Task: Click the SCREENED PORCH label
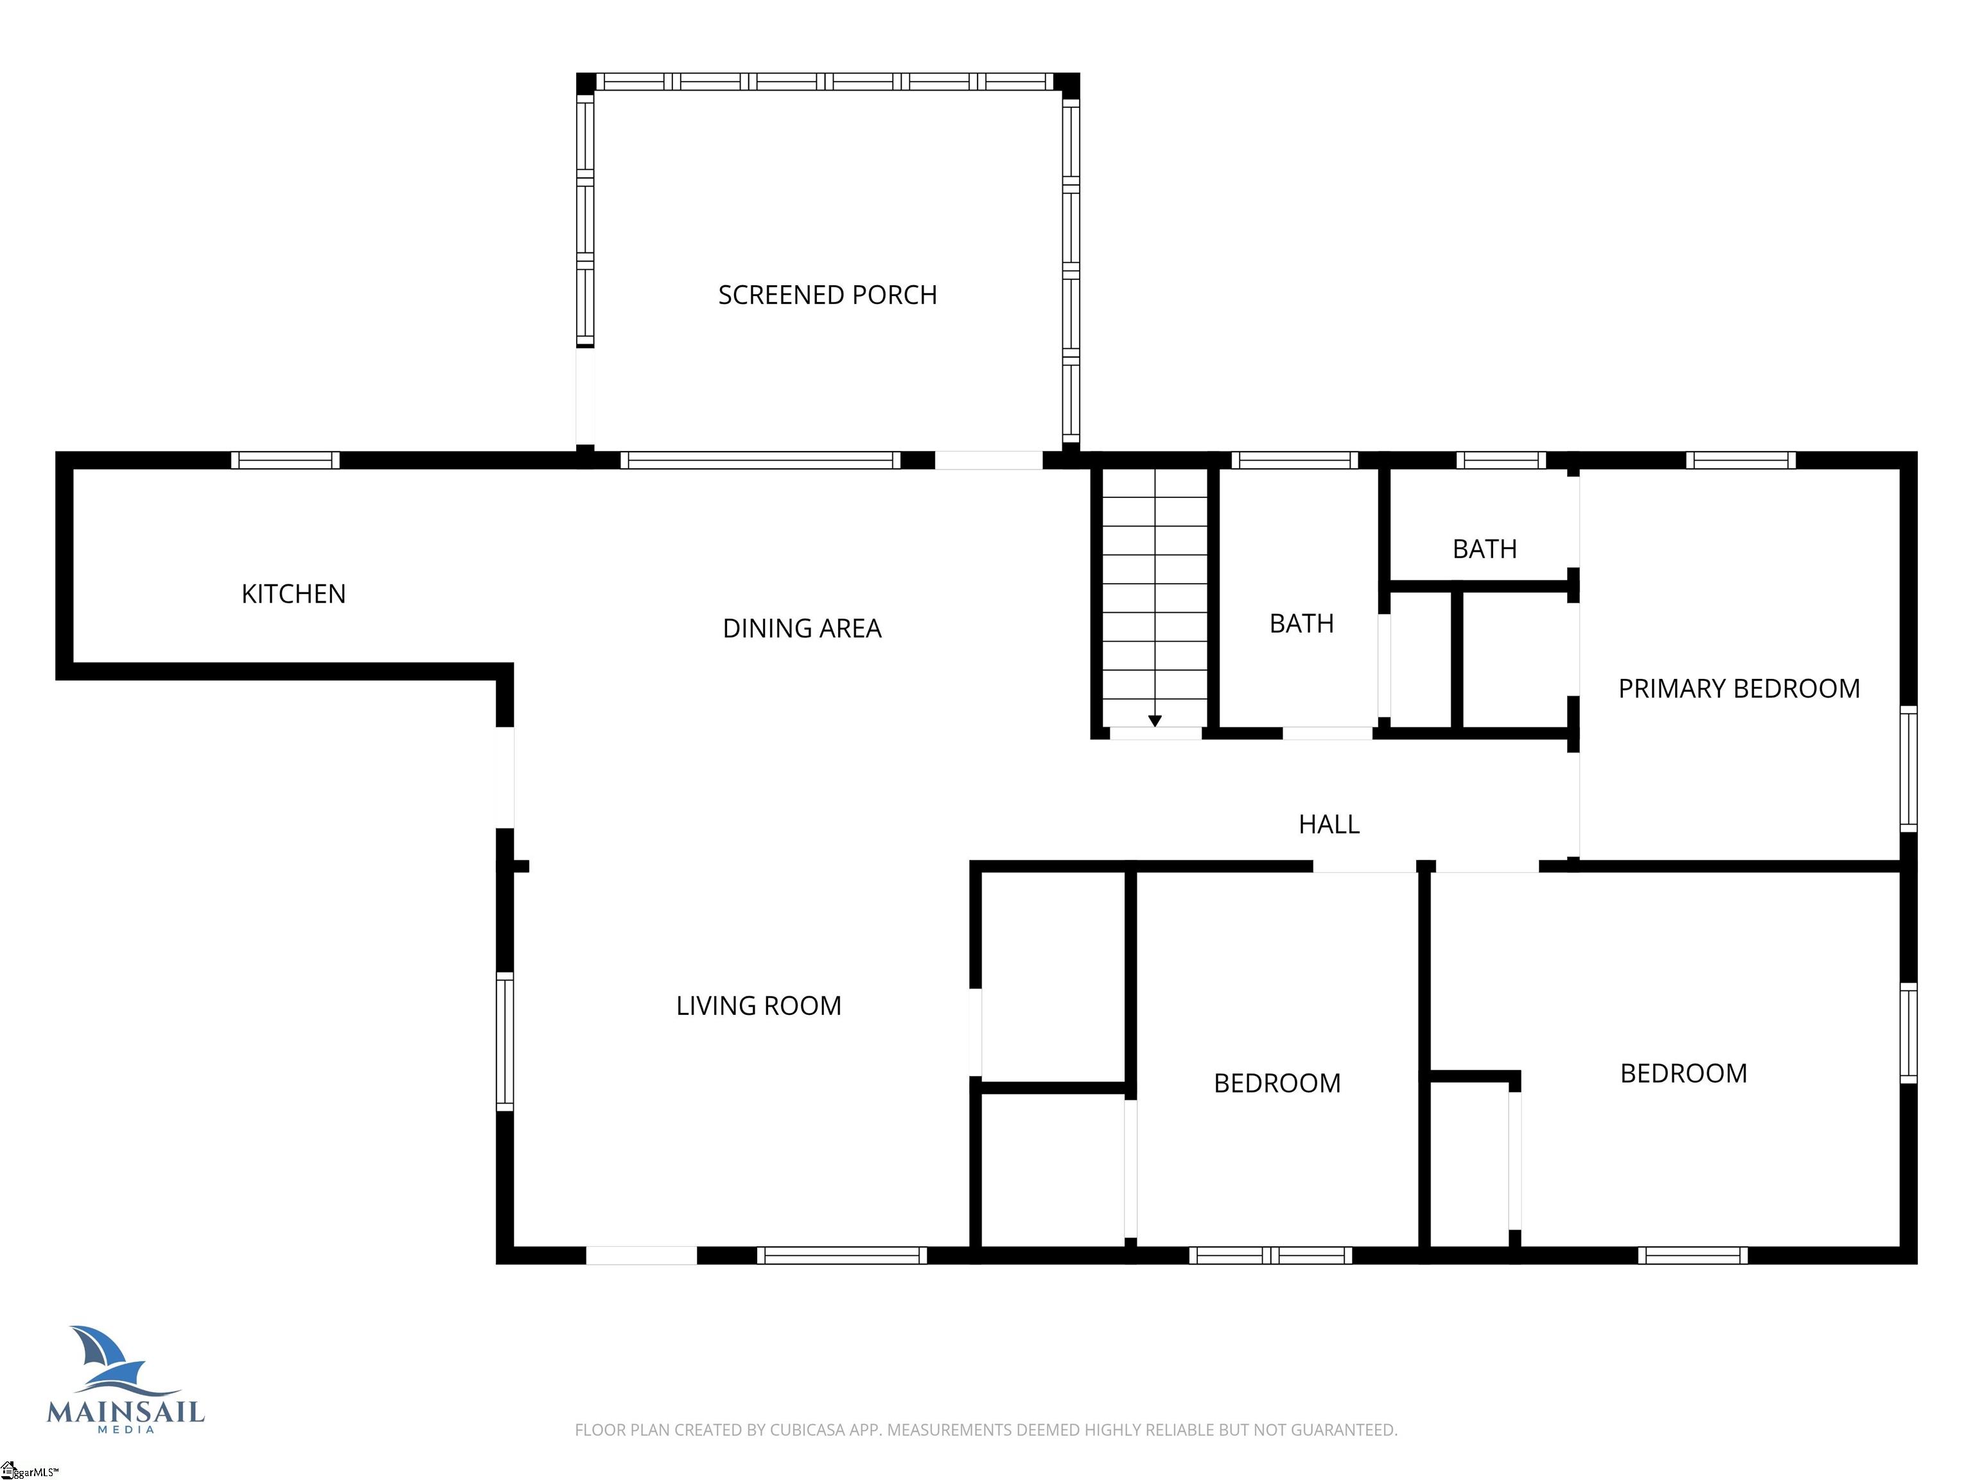828,295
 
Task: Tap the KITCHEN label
294,594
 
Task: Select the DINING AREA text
802,629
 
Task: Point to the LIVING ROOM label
758,1007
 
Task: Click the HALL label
1329,824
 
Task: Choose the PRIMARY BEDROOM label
1739,689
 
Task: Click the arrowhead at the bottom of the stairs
1155,721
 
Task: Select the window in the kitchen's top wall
285,461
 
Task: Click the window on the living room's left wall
505,1041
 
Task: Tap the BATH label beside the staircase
1301,624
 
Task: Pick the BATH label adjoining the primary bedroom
1484,549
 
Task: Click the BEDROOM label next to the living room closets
1277,1083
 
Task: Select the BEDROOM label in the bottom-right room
1683,1073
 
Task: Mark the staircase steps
1155,597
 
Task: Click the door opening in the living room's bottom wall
642,1255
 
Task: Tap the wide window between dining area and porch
761,461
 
